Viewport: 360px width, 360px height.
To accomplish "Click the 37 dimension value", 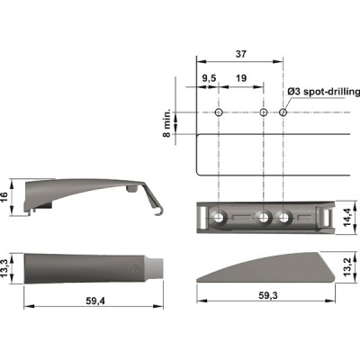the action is pos(241,54).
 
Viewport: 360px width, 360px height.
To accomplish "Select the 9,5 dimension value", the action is pos(209,78).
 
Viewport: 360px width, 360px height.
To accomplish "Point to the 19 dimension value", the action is pos(241,78).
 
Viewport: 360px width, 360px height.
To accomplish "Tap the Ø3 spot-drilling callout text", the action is pos(324,92).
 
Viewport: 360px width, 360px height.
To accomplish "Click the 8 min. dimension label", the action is pos(166,123).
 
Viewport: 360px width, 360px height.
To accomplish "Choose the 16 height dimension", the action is pos(4,197).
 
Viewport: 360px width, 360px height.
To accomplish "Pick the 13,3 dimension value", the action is pos(4,268).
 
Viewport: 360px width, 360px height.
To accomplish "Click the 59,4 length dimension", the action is pos(95,301).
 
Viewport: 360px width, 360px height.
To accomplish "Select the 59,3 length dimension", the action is pos(268,295).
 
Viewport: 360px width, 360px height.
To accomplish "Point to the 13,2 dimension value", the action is pos(348,268).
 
